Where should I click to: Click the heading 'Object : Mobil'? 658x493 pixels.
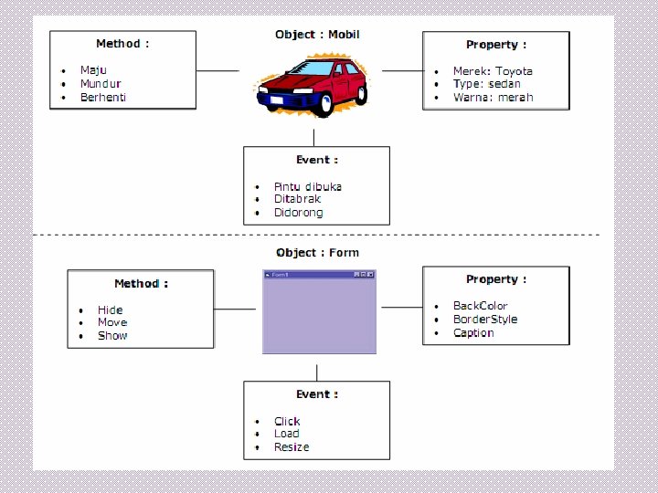(x=317, y=35)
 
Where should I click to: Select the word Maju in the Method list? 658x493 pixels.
(x=93, y=70)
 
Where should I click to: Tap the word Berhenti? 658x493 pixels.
(x=103, y=97)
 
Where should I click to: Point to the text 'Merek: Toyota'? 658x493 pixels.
(x=493, y=70)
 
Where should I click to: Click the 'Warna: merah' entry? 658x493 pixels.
(x=493, y=97)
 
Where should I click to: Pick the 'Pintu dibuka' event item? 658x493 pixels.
(x=307, y=186)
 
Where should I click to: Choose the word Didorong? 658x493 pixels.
(x=298, y=213)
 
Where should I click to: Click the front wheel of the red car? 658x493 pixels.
(x=323, y=105)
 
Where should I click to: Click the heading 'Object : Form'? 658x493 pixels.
(x=317, y=253)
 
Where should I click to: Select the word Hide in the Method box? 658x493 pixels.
(x=110, y=309)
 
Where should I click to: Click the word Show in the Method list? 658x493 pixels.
(x=112, y=336)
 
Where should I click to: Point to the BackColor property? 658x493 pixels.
(x=480, y=306)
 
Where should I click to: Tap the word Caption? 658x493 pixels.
(x=473, y=332)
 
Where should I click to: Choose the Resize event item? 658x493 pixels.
(x=292, y=447)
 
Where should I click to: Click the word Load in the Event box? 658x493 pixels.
(x=286, y=434)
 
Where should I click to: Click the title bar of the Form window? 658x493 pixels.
(x=311, y=274)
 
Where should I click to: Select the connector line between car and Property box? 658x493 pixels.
(x=402, y=70)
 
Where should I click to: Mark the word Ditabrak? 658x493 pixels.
(x=297, y=199)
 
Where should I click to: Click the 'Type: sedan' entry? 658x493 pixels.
(x=486, y=83)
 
